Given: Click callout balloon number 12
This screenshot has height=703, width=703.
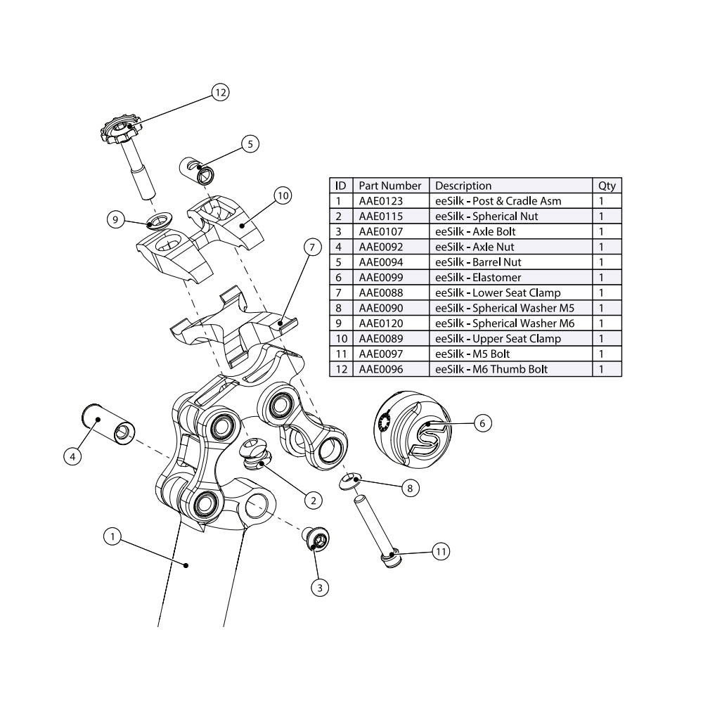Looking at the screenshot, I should [221, 92].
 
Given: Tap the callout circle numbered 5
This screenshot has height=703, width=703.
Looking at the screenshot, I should [249, 143].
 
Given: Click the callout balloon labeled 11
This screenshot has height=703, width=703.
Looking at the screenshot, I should [440, 552].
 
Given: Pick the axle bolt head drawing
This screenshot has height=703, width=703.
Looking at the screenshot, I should [316, 540].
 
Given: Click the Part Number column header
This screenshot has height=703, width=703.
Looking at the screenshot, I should [390, 186].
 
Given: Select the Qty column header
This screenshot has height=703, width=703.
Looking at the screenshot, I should [607, 186].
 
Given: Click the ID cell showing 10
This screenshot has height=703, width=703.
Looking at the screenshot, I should [340, 339].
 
